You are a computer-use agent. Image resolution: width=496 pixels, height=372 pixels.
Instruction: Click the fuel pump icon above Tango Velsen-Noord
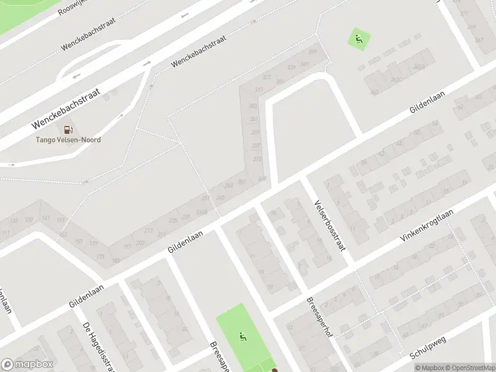69,130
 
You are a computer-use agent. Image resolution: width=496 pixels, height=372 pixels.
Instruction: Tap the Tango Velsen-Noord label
68,140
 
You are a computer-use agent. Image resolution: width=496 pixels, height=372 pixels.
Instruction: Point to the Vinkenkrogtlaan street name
419,226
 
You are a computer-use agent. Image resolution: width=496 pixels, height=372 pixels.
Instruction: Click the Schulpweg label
428,349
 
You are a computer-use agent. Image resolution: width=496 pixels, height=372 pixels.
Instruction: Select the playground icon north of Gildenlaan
358,40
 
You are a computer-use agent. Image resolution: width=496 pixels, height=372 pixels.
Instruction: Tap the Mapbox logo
27,364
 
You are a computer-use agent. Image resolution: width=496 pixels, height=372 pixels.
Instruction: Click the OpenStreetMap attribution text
469,368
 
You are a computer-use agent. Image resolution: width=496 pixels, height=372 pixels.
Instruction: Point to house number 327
267,77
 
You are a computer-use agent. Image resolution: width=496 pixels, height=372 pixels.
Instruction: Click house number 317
258,91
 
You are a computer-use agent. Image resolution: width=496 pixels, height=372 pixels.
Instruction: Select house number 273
257,159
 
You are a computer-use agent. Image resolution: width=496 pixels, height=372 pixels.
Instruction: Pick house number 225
174,219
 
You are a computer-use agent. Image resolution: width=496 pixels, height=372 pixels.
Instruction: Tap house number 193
127,246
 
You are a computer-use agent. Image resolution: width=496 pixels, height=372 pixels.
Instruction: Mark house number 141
46,218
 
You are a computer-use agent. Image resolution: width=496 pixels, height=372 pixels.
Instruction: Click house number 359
313,51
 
